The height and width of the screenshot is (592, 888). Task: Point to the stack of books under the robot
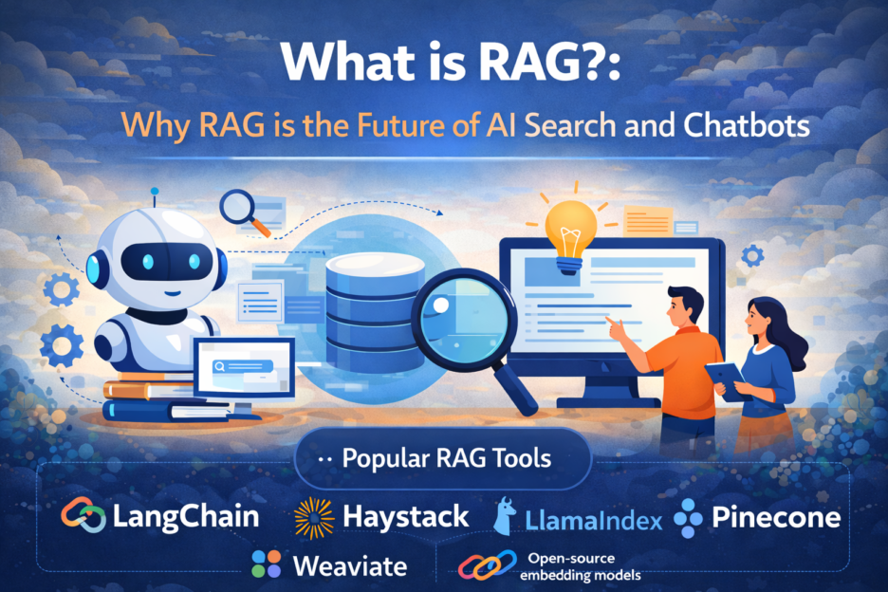point(142,398)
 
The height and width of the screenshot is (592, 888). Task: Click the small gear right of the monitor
point(753,255)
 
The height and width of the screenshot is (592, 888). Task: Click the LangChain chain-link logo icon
point(83,516)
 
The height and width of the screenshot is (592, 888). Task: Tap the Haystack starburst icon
point(313,517)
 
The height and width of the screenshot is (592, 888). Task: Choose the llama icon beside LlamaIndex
point(505,517)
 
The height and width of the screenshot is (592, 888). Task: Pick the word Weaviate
point(350,566)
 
